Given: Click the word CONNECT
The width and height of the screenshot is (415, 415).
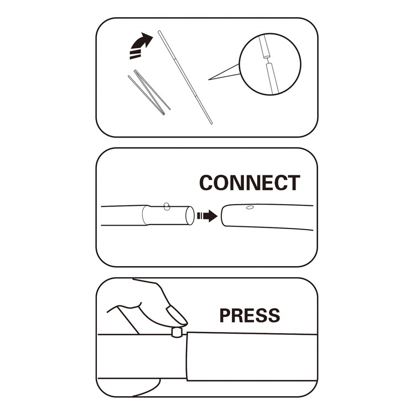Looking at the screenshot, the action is click(250, 183).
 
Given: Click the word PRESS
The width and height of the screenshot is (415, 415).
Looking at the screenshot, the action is click(250, 315).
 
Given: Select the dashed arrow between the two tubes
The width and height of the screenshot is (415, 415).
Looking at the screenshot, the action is click(207, 216).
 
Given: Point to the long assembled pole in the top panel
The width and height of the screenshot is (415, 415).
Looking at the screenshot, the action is click(185, 77).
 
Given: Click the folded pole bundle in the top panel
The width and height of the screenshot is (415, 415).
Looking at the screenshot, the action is click(149, 92).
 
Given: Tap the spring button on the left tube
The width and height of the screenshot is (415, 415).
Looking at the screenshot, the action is click(167, 206).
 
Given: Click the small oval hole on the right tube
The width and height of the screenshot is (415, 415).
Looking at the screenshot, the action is click(250, 207).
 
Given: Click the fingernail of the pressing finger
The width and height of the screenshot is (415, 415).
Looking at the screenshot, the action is click(177, 315).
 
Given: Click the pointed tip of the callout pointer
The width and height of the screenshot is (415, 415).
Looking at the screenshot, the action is click(209, 79).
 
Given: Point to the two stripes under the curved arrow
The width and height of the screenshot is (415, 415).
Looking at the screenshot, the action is click(134, 54).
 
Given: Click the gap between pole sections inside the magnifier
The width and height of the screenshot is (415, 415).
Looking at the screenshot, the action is click(268, 60).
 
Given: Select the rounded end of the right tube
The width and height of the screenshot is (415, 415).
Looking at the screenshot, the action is click(223, 216).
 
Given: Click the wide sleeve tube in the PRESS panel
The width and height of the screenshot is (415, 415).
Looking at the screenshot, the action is click(252, 357).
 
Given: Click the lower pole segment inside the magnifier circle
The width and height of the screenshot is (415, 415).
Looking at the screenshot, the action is click(272, 78).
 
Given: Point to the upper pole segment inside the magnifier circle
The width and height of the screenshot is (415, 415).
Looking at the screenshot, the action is click(263, 46).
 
